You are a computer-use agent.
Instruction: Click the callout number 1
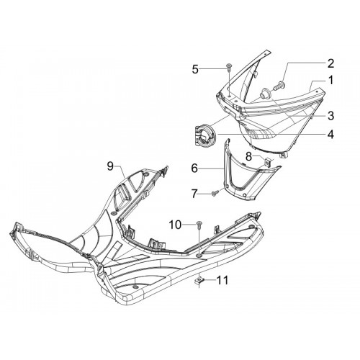[x=330, y=81]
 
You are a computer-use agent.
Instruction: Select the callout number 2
[x=330, y=63]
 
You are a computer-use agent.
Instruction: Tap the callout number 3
[x=330, y=116]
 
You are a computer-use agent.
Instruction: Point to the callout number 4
[x=330, y=135]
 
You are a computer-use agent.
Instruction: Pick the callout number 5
[x=195, y=69]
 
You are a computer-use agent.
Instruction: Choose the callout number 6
[x=194, y=168]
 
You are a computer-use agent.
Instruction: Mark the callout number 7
[x=194, y=194]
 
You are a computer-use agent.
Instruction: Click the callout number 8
[x=248, y=157]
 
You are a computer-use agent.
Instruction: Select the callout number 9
[x=110, y=166]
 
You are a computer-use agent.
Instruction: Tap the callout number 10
[x=176, y=225]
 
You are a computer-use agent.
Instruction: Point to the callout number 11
[x=222, y=280]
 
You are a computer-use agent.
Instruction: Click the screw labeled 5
[x=228, y=67]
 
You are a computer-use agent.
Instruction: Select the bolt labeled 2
[x=280, y=85]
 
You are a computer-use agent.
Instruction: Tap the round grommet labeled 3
[x=266, y=92]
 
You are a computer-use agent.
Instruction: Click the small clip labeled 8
[x=267, y=162]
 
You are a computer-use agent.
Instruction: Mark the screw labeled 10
[x=199, y=224]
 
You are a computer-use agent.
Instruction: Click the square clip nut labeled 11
[x=199, y=280]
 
